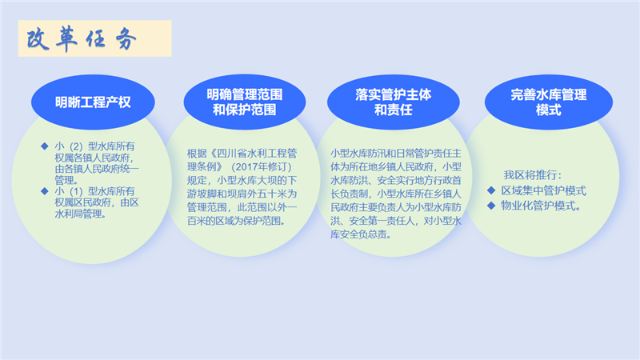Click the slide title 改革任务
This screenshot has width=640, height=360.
pos(82,39)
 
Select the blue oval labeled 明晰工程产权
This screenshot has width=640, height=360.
pos(93,102)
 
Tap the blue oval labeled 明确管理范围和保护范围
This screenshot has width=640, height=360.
pos(245,102)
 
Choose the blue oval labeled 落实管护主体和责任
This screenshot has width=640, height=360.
pos(394,102)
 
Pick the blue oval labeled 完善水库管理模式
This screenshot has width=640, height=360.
pos(549,102)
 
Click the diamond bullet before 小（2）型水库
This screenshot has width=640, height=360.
pos(45,146)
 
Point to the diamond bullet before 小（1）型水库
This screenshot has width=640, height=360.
pos(45,191)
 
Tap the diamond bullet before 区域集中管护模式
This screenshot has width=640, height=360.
pos(491,190)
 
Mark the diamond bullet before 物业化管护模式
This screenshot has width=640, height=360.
pos(491,206)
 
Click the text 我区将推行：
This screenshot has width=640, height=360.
pos(533,175)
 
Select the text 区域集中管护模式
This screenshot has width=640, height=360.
pos(544,190)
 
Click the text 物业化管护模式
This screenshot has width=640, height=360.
pos(542,206)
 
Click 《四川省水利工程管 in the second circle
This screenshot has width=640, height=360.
pos(253,154)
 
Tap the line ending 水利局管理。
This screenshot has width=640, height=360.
pos(81,214)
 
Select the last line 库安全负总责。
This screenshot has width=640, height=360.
pos(361,234)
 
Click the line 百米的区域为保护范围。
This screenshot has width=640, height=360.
pos(236,221)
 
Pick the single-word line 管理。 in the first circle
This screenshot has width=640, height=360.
pos(66,179)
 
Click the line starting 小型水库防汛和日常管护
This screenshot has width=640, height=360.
pos(395,154)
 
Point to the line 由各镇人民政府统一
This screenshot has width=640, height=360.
pos(97,169)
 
